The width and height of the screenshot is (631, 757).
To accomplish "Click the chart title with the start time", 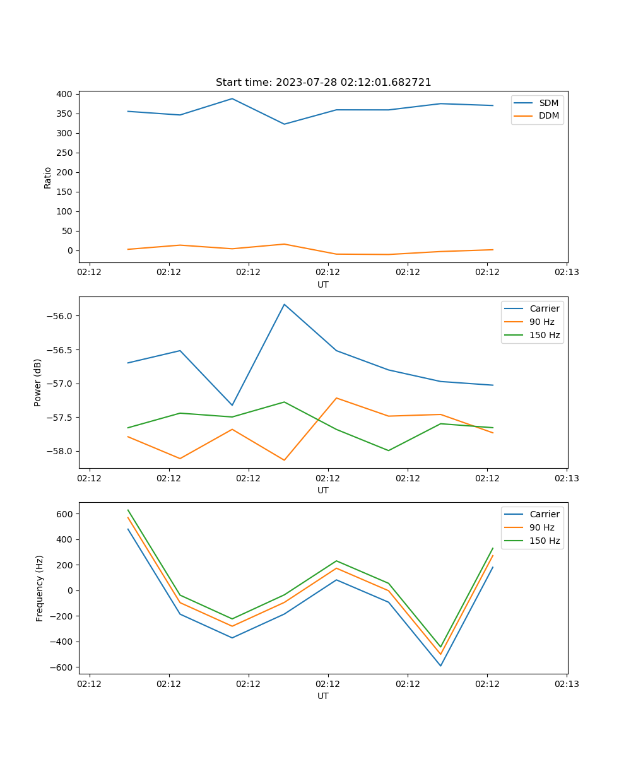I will click(323, 83).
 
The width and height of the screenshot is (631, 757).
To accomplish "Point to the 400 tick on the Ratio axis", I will click(65, 94).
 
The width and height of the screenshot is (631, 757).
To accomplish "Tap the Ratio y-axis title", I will click(48, 178).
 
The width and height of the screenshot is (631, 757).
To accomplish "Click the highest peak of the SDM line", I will click(232, 98).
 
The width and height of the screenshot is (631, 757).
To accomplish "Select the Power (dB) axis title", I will click(38, 382).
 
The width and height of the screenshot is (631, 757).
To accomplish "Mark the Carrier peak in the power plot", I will click(285, 305).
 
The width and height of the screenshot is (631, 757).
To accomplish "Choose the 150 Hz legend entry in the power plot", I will click(545, 335).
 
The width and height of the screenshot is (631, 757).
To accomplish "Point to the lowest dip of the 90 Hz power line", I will click(285, 460).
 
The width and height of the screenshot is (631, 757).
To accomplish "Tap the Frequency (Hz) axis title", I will click(40, 588).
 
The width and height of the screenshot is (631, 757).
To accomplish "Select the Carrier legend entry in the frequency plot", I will click(544, 514).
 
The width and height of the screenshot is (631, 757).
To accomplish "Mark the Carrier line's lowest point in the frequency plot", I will click(440, 666).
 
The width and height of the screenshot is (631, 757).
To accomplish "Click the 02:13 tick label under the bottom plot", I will click(567, 684).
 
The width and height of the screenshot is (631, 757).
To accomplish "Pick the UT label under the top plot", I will click(323, 285).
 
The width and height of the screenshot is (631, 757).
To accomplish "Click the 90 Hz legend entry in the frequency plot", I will click(541, 527).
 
